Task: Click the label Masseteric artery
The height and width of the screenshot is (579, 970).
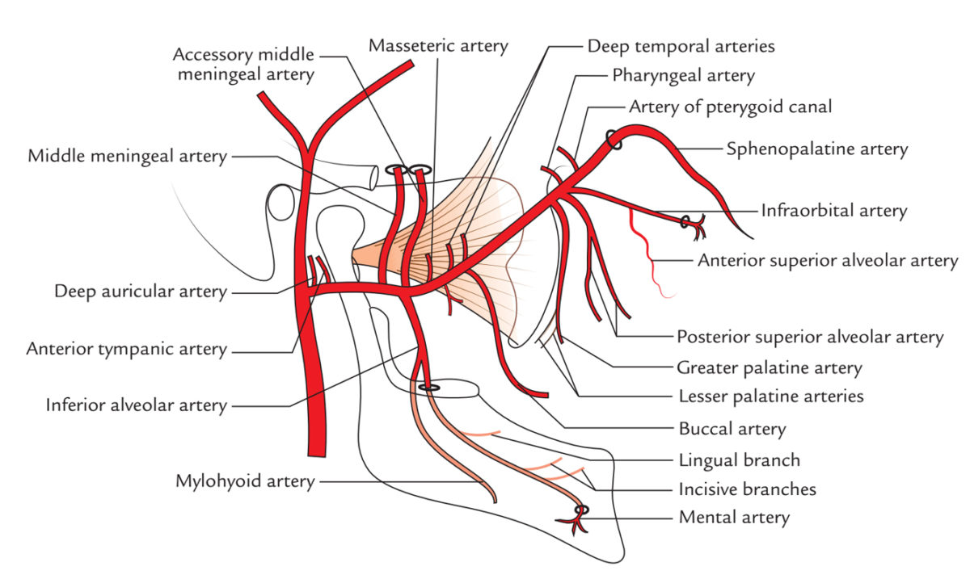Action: point(438,46)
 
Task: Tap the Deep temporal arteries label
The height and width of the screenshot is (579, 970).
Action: point(681,47)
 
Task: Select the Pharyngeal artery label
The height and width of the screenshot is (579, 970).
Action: point(683,76)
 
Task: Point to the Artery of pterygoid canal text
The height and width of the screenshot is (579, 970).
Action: point(731,107)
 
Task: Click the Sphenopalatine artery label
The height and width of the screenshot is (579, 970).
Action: point(817,149)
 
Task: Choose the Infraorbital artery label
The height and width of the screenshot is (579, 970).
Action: point(834,212)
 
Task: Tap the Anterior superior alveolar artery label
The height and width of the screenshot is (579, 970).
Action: point(828,261)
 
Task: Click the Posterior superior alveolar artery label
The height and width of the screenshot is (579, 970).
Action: point(810,337)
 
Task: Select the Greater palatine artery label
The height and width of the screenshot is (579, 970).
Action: point(769,368)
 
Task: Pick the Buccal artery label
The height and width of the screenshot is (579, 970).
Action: point(732,430)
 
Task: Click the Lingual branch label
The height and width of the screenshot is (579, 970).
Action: point(739,460)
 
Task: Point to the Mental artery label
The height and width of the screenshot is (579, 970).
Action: point(734,518)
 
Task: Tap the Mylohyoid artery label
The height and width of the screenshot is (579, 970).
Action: point(245,481)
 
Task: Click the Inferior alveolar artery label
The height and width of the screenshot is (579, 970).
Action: point(137,405)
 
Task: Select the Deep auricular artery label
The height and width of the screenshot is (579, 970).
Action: point(141,292)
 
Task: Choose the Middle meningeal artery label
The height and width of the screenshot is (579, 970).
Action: point(128,156)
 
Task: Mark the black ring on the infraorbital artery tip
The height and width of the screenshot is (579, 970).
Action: point(684,222)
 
